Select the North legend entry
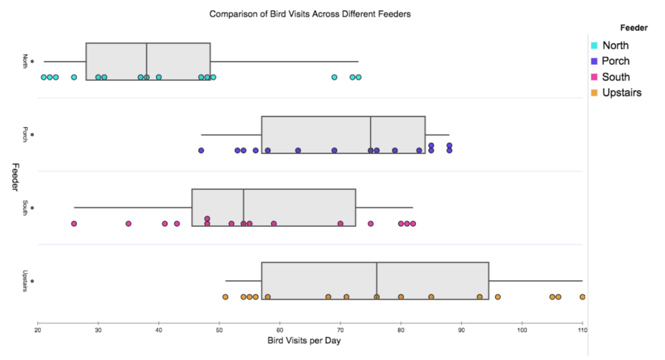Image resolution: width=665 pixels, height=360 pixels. tap(615, 46)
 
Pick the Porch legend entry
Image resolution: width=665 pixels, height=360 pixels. tap(616, 61)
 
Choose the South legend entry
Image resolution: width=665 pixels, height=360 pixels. tap(616, 77)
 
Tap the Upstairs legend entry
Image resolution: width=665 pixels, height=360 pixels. tap(621, 92)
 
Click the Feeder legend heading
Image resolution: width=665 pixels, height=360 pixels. tap(634, 28)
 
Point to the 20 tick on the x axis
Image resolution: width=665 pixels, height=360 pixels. tap(37, 330)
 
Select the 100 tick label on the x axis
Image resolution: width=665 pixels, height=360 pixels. tap(522, 330)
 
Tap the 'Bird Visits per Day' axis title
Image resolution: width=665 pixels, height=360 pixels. tap(309, 341)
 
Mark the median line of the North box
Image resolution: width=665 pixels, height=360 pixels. tap(146, 61)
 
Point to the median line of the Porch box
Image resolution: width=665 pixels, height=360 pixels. tap(371, 135)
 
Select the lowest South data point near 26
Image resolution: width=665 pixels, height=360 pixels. tap(74, 223)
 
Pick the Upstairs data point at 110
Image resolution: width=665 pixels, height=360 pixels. tap(582, 297)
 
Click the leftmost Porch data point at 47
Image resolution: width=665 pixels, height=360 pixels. tap(201, 150)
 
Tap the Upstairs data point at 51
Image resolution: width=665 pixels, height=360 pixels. tap(225, 297)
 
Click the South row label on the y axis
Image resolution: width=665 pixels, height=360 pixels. tap(26, 207)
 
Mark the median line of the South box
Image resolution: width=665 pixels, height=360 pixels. tap(243, 207)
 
